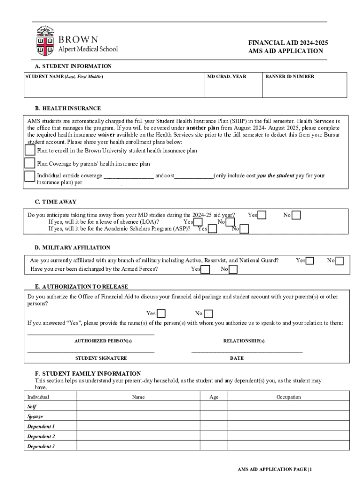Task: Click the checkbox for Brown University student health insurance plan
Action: click(x=30, y=150)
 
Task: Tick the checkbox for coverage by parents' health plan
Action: click(x=30, y=163)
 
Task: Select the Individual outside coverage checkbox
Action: click(x=30, y=176)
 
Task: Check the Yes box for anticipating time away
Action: click(x=263, y=215)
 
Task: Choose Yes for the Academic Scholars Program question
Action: click(x=212, y=229)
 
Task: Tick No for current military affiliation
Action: click(x=339, y=261)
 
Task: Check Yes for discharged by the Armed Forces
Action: click(x=205, y=269)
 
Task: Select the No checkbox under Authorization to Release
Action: click(x=209, y=313)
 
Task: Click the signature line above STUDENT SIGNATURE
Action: click(x=91, y=351)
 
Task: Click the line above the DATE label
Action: click(x=247, y=351)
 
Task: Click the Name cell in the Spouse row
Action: click(x=138, y=416)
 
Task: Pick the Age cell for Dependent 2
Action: click(x=214, y=436)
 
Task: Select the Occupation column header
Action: click(x=288, y=397)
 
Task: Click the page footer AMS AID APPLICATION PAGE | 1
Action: click(x=274, y=469)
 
